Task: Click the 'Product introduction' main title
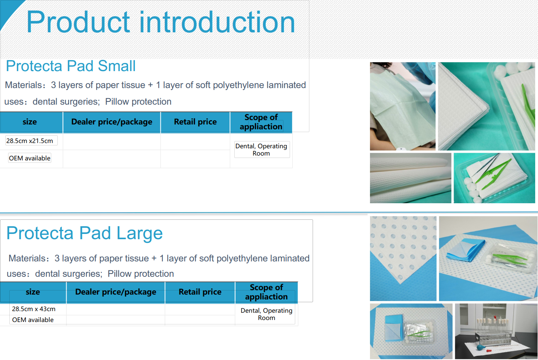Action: tap(160, 22)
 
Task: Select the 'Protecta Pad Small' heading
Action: tap(71, 66)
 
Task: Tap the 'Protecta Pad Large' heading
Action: tap(84, 233)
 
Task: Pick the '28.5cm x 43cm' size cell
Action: tap(34, 309)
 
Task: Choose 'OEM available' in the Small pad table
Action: tap(29, 158)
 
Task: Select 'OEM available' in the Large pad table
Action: tap(33, 320)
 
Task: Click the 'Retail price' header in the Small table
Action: tap(195, 122)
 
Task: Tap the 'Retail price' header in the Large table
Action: tap(200, 292)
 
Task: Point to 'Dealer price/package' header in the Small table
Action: tap(112, 122)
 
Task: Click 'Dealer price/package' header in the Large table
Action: tap(116, 292)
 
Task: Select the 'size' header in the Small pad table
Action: tap(29, 122)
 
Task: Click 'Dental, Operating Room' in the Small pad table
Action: tap(261, 150)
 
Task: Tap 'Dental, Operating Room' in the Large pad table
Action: tap(266, 314)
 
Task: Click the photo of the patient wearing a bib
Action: tap(403, 106)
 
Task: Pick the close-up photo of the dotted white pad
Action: tap(403, 259)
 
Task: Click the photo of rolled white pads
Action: tap(410, 178)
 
